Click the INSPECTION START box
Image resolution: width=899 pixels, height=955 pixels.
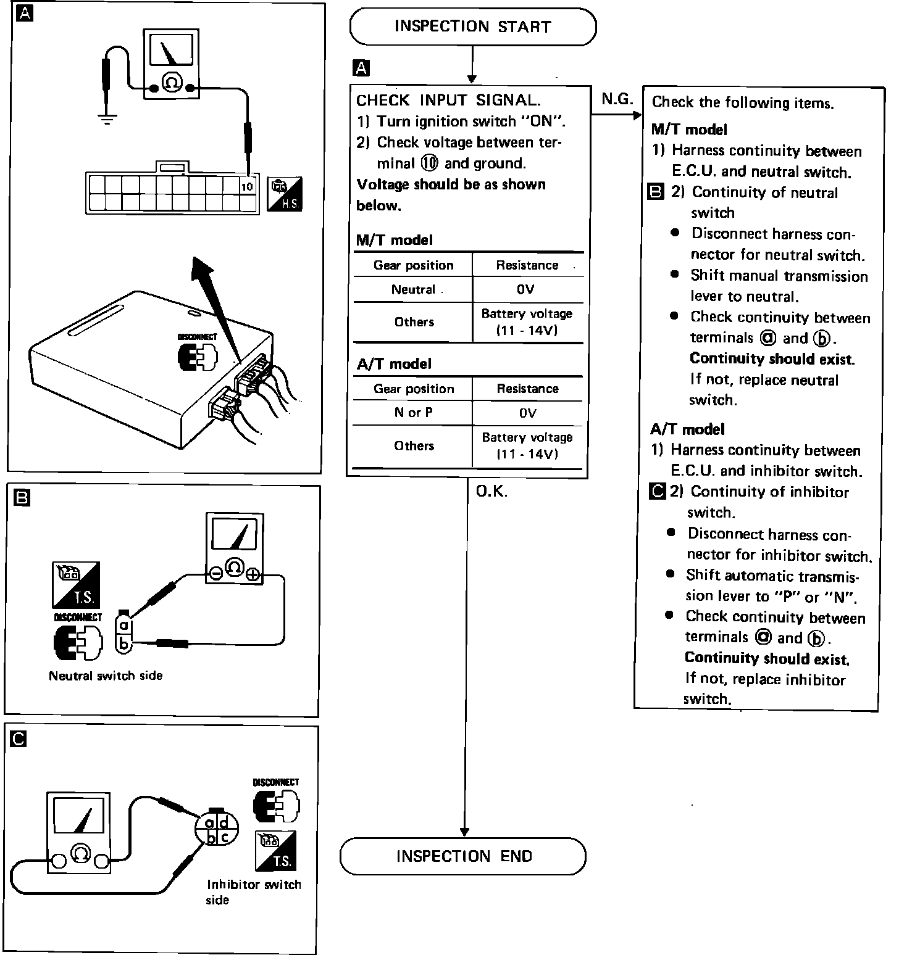pyautogui.click(x=472, y=27)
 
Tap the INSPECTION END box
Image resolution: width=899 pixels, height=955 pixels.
pyautogui.click(x=463, y=856)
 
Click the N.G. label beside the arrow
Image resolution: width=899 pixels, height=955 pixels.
pyautogui.click(x=617, y=99)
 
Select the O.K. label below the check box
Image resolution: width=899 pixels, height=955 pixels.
pyautogui.click(x=491, y=492)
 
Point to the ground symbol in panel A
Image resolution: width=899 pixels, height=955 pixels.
pyautogui.click(x=107, y=118)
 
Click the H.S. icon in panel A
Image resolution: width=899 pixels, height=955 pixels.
pyautogui.click(x=285, y=194)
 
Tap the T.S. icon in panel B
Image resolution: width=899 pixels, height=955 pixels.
pyautogui.click(x=76, y=584)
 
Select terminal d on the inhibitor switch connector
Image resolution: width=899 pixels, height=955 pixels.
pyautogui.click(x=224, y=822)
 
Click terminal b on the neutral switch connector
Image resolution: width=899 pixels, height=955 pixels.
pyautogui.click(x=124, y=644)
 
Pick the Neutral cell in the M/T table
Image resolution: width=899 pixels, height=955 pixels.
pyautogui.click(x=413, y=289)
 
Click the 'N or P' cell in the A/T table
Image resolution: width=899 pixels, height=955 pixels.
pyautogui.click(x=413, y=413)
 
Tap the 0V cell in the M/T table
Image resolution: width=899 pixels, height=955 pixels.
pyautogui.click(x=527, y=289)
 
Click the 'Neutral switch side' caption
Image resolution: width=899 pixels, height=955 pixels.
pyautogui.click(x=106, y=676)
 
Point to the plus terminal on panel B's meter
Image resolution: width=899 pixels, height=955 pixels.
pyautogui.click(x=253, y=574)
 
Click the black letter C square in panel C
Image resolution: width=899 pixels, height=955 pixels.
pyautogui.click(x=19, y=738)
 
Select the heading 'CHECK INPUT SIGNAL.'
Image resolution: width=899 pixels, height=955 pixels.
pyautogui.click(x=448, y=100)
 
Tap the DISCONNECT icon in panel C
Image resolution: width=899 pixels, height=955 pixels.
pyautogui.click(x=276, y=802)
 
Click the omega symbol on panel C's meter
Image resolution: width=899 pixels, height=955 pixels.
pyautogui.click(x=80, y=853)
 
